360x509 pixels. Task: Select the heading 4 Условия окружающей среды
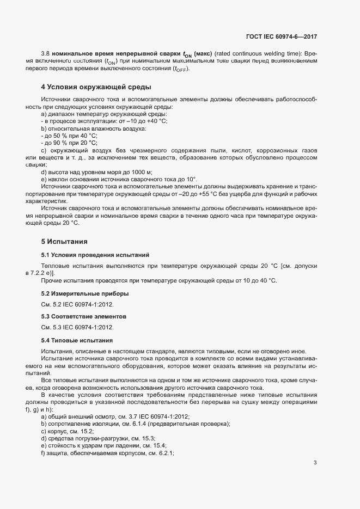tap(96, 87)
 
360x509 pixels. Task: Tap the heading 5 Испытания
tap(64, 241)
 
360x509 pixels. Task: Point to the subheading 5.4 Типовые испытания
tap(77, 340)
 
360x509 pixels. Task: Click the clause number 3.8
tap(46, 54)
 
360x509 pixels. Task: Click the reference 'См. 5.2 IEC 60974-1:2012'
tap(77, 305)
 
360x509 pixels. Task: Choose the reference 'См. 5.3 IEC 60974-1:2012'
tap(77, 328)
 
